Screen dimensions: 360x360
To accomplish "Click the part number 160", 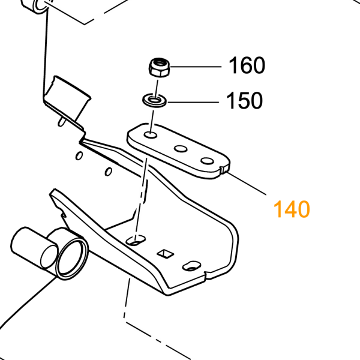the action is pyautogui.click(x=247, y=65).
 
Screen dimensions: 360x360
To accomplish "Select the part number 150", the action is pyautogui.click(x=244, y=101).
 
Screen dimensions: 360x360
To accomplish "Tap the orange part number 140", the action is pyautogui.click(x=292, y=209).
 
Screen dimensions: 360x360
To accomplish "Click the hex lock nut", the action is pyautogui.click(x=160, y=67).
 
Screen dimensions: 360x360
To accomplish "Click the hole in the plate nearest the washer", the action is pyautogui.click(x=151, y=135).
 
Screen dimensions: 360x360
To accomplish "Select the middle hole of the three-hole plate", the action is pyautogui.click(x=181, y=149).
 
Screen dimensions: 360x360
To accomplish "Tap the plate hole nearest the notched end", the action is pyautogui.click(x=207, y=161).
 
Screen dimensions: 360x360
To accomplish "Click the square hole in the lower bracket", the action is pyautogui.click(x=166, y=253).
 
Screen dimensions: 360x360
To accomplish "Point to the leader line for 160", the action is pyautogui.click(x=196, y=67).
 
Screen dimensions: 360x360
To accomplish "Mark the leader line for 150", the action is pyautogui.click(x=193, y=102).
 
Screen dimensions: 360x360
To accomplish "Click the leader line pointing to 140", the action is pyautogui.click(x=247, y=184).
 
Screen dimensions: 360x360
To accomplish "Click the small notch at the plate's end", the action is pyautogui.click(x=224, y=169).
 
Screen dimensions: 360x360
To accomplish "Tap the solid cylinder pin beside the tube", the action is pyautogui.click(x=34, y=248).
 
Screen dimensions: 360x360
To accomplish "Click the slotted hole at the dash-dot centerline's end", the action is pyautogui.click(x=136, y=241).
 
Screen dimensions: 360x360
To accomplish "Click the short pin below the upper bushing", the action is pyautogui.click(x=62, y=121).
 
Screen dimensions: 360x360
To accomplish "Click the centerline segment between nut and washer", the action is pyautogui.click(x=157, y=88).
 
